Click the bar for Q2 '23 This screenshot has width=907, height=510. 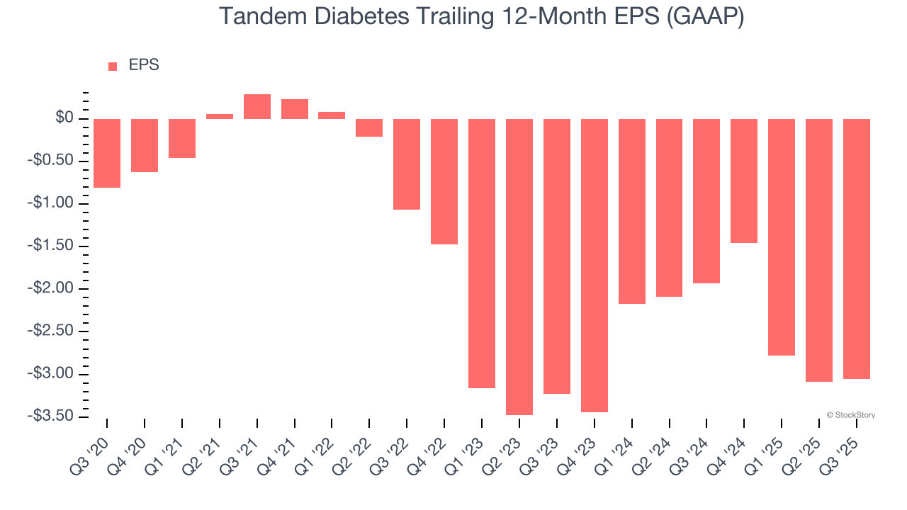click(519, 266)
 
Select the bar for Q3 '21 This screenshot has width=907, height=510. click(257, 106)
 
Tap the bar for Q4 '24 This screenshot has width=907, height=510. click(744, 181)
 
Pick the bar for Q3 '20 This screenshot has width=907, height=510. click(107, 153)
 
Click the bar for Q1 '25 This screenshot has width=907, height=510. click(782, 237)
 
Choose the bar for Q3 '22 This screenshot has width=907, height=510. click(407, 164)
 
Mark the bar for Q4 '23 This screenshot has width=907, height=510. click(594, 265)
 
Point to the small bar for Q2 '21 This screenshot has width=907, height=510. click(220, 116)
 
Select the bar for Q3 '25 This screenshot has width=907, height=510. click(857, 249)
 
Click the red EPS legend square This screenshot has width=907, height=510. click(113, 67)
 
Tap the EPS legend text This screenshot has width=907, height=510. click(144, 65)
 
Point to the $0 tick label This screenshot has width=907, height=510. click(65, 118)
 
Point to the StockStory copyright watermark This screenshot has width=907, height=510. click(850, 415)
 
